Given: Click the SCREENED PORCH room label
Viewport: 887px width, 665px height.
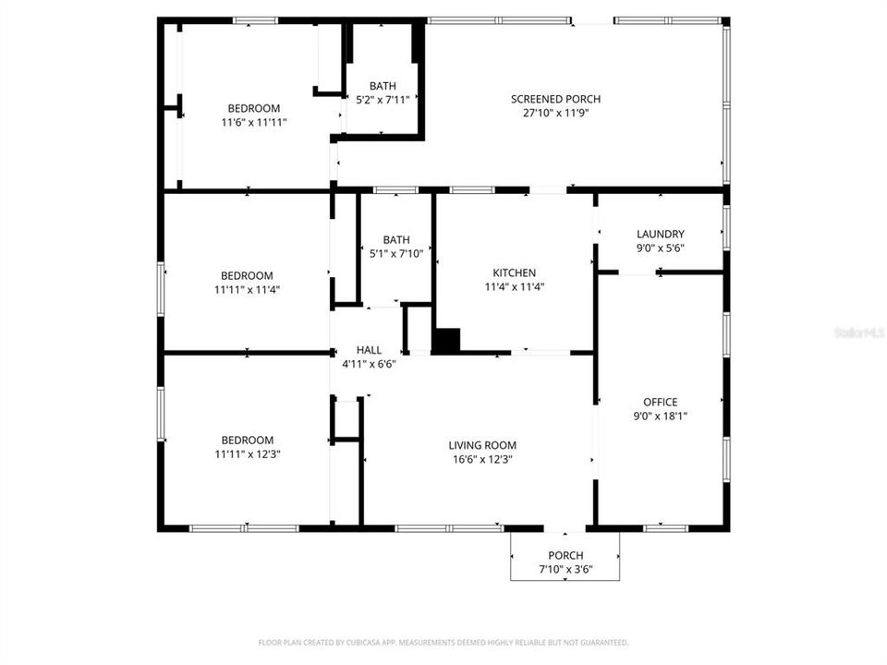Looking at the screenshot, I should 556,99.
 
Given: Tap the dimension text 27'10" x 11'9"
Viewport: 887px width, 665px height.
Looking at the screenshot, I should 556,113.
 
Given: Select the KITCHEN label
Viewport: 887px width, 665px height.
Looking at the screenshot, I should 514,273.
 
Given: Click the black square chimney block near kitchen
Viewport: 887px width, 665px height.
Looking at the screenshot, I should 446,340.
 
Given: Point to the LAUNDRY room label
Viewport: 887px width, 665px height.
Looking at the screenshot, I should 660,235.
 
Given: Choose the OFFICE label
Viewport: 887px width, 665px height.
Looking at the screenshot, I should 660,402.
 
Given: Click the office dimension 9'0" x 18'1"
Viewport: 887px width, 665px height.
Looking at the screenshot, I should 660,416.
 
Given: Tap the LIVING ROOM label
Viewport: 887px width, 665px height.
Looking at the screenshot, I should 482,445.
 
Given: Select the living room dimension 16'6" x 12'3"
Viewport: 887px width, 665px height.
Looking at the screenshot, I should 482,459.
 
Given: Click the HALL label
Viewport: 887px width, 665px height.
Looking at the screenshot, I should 369,350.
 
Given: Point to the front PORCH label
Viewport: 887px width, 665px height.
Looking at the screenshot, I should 565,555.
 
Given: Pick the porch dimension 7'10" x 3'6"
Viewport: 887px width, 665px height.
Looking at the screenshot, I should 565,569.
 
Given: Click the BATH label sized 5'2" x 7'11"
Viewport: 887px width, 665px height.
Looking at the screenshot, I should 383,86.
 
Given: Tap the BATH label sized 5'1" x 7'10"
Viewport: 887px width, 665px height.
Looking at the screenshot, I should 395,239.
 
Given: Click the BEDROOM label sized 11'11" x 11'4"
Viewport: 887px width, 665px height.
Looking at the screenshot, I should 247,275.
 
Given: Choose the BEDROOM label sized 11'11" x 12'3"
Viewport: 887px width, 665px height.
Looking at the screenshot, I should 247,441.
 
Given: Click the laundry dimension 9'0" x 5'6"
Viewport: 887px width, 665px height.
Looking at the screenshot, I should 660,248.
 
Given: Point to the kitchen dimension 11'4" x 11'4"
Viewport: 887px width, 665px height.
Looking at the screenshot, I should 514,287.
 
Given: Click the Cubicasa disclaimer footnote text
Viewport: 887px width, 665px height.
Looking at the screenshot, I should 443,642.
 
